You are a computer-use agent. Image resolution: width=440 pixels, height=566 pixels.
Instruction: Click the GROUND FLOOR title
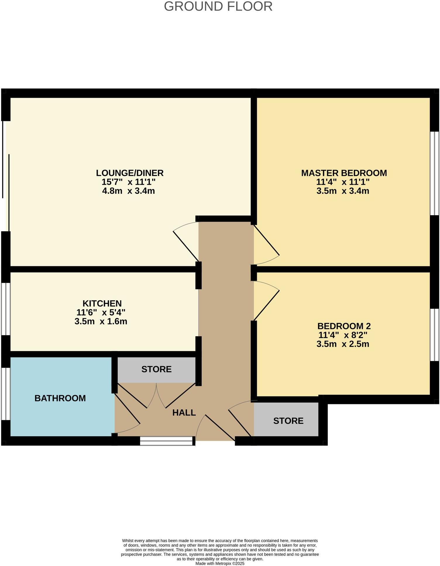click(218, 6)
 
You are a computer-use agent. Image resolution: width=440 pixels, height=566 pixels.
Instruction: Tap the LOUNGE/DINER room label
click(130, 173)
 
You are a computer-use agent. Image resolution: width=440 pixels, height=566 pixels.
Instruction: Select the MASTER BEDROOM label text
click(344, 173)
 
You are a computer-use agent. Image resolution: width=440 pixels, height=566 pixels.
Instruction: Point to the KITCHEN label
click(102, 303)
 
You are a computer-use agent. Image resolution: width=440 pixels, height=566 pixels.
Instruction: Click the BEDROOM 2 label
click(344, 326)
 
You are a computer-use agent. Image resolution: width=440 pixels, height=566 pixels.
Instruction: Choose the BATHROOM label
click(60, 398)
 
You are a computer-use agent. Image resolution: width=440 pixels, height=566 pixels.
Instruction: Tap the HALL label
click(184, 413)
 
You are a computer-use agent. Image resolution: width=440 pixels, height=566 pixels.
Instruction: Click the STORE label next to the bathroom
click(156, 369)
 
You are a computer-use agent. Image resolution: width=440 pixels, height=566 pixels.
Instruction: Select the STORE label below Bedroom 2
click(288, 421)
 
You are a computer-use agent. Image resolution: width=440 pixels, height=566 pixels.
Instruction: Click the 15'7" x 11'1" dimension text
click(128, 182)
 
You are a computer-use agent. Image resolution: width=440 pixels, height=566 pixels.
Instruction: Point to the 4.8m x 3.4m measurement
click(128, 191)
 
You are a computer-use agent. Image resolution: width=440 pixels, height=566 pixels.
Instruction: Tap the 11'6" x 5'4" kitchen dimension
click(101, 312)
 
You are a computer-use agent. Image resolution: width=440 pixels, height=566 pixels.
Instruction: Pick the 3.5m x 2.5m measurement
click(343, 344)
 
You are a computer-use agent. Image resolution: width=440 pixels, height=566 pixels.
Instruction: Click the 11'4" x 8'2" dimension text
click(343, 335)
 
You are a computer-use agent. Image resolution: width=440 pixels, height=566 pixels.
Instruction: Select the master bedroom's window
click(434, 173)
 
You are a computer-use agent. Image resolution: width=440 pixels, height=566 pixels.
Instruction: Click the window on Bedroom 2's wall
click(434, 335)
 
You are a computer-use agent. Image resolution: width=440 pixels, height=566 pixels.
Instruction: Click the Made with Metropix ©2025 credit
click(220, 563)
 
